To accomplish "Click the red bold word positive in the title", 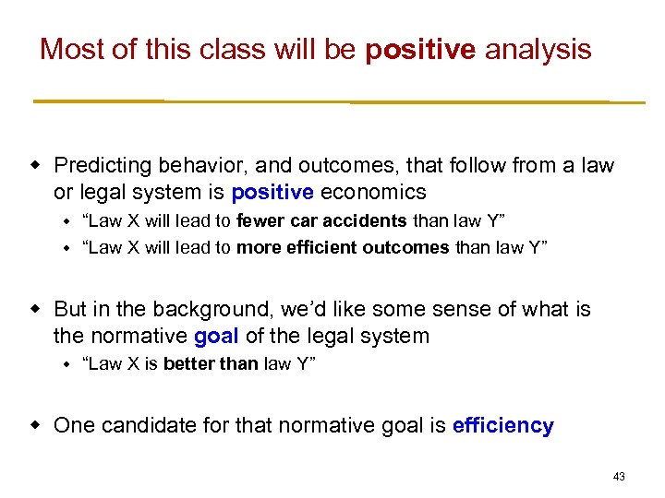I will click(x=420, y=49).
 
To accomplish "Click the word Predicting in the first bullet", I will click(x=102, y=166).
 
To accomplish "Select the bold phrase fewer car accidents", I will click(x=321, y=221).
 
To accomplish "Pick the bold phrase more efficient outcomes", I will click(x=344, y=247).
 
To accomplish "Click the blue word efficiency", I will click(x=503, y=425).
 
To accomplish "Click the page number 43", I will click(x=619, y=477).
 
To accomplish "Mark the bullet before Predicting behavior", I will click(x=38, y=166).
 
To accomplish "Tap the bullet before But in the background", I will click(x=38, y=309).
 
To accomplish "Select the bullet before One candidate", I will click(x=38, y=425).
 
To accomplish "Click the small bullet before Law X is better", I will click(x=66, y=364).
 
